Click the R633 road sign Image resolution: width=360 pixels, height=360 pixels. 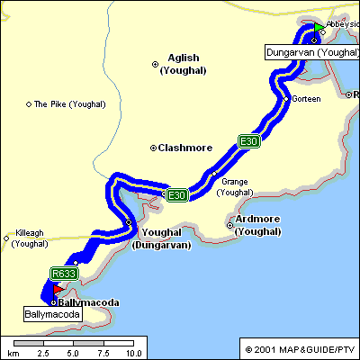click(64, 274)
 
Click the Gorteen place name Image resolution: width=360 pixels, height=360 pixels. click(306, 98)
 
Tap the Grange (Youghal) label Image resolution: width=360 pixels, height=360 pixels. click(235, 186)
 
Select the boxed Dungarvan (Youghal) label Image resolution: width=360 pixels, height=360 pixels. click(312, 53)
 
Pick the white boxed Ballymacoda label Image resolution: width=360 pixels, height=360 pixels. click(52, 315)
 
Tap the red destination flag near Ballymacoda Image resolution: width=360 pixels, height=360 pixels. click(56, 290)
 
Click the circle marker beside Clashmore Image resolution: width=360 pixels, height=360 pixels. click(154, 148)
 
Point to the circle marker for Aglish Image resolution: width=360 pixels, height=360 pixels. click(155, 63)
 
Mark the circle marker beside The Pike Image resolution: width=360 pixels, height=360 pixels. click(28, 104)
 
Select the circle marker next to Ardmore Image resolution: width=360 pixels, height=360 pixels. click(229, 225)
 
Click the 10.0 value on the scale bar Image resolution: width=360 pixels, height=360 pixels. click(134, 354)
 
